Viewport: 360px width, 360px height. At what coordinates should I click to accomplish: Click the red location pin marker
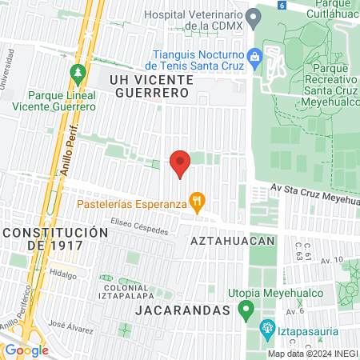[180, 163]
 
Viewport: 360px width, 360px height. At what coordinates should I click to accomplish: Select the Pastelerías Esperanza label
[132, 202]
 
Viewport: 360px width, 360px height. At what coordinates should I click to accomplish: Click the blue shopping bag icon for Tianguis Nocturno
[255, 56]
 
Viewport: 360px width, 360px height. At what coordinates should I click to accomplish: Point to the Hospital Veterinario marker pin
[253, 16]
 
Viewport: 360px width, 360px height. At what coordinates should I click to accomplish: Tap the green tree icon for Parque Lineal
[78, 74]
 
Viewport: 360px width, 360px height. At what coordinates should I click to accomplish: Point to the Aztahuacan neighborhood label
[233, 240]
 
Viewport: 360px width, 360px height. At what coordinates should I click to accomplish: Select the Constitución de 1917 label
[54, 238]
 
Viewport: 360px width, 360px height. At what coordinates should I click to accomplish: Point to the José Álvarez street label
[67, 325]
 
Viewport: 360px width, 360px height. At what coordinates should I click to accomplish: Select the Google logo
[26, 350]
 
